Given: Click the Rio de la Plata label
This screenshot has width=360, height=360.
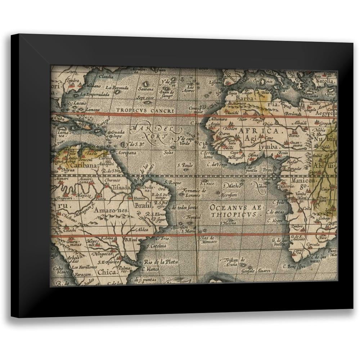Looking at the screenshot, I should [x=161, y=262].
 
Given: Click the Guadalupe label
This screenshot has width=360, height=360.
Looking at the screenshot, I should [x=118, y=134].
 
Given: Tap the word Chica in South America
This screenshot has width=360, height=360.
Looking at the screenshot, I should [x=107, y=272].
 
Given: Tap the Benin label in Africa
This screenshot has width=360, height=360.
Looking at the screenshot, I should [x=283, y=153].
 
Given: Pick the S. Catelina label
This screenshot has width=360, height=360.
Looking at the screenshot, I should [x=156, y=246].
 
